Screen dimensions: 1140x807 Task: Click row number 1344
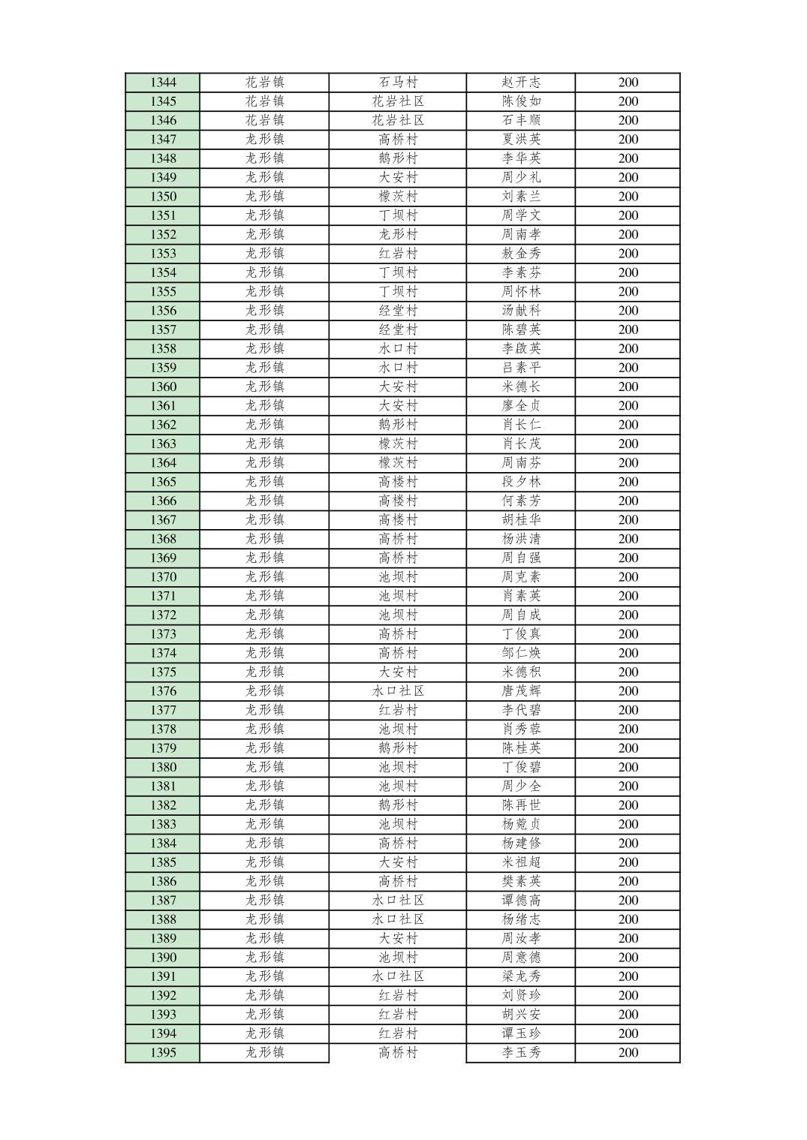pyautogui.click(x=163, y=83)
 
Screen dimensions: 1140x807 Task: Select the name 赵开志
pyautogui.click(x=521, y=83)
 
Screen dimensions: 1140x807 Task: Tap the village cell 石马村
pyautogui.click(x=398, y=83)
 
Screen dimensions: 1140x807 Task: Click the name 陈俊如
pyautogui.click(x=521, y=101)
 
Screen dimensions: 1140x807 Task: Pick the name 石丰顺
pyautogui.click(x=521, y=120)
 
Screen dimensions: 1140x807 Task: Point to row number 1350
pyautogui.click(x=163, y=197)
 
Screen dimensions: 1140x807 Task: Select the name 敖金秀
pyautogui.click(x=521, y=254)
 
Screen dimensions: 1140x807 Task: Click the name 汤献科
pyautogui.click(x=521, y=311)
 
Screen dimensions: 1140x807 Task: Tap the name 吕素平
pyautogui.click(x=521, y=368)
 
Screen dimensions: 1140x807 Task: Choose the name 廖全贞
pyautogui.click(x=521, y=406)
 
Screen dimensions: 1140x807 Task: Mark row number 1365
pyautogui.click(x=163, y=482)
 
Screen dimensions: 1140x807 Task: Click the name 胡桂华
pyautogui.click(x=521, y=520)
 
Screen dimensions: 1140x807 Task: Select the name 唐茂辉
pyautogui.click(x=521, y=691)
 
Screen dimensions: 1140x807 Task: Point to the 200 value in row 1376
pyautogui.click(x=628, y=691)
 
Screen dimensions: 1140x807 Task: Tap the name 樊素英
pyautogui.click(x=521, y=881)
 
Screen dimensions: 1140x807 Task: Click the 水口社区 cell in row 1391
pyautogui.click(x=398, y=976)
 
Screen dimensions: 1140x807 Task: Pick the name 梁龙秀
pyautogui.click(x=521, y=976)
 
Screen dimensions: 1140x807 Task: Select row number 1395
pyautogui.click(x=163, y=1052)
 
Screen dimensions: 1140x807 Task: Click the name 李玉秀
pyautogui.click(x=521, y=1052)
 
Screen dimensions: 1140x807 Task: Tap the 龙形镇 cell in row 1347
pyautogui.click(x=264, y=140)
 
